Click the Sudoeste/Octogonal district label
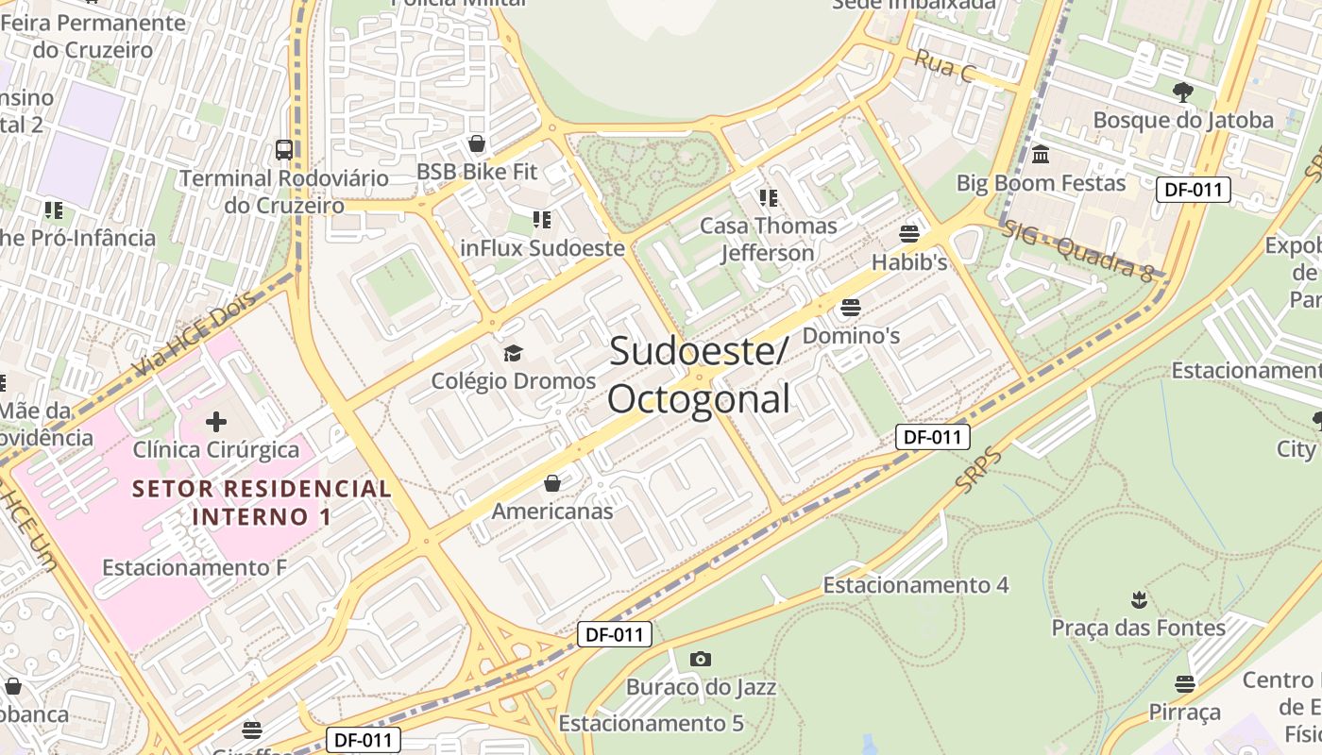point(698,375)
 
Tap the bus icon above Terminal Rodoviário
point(284,149)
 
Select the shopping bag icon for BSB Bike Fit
point(477,143)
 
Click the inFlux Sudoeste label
point(542,248)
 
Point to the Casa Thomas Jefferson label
point(768,239)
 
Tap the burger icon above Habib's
point(909,233)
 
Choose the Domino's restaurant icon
point(851,307)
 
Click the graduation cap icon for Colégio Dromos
point(513,354)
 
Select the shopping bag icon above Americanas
point(552,483)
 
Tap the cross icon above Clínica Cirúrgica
point(216,421)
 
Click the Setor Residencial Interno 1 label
point(263,502)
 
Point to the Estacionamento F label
point(195,567)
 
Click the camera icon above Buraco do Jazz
point(700,659)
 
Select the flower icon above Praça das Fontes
point(1139,599)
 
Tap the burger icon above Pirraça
point(1185,683)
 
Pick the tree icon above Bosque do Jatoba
point(1182,92)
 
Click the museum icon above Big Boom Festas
point(1041,154)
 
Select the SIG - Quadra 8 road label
point(1077,250)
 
